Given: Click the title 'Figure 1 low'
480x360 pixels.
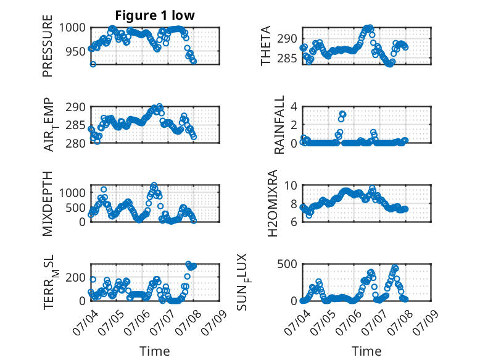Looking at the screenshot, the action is tap(155, 15).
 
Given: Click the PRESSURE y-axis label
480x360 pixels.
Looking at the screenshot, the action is tap(48, 46).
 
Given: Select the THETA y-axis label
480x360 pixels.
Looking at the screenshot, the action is tap(266, 46).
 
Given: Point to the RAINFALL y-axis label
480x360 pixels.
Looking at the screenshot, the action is tap(279, 125).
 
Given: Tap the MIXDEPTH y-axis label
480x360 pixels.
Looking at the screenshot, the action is tap(48, 204).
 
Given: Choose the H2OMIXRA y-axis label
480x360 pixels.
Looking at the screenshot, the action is tap(272, 203).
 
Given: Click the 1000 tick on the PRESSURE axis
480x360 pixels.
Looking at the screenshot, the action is tap(73, 28).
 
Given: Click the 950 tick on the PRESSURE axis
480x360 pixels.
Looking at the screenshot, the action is tap(76, 51).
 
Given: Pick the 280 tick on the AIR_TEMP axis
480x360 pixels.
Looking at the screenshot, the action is tap(76, 143).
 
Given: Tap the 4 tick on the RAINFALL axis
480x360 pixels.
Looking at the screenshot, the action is tap(294, 107).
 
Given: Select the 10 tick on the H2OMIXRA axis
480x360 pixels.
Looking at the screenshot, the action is tap(291, 185).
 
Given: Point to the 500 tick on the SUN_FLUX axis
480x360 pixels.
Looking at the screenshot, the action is tap(288, 264).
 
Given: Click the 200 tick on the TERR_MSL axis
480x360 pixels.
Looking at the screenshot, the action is tap(76, 278).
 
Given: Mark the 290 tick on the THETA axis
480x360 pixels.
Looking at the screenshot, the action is tap(288, 39).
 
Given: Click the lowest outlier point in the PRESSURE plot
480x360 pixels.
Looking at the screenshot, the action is tap(93, 64).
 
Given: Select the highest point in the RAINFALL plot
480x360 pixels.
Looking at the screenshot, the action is tap(343, 114).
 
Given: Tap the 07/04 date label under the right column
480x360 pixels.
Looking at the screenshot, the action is tap(296, 322).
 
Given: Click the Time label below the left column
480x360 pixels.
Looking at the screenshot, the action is tap(155, 351).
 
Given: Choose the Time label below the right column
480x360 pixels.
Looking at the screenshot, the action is tap(366, 351).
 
